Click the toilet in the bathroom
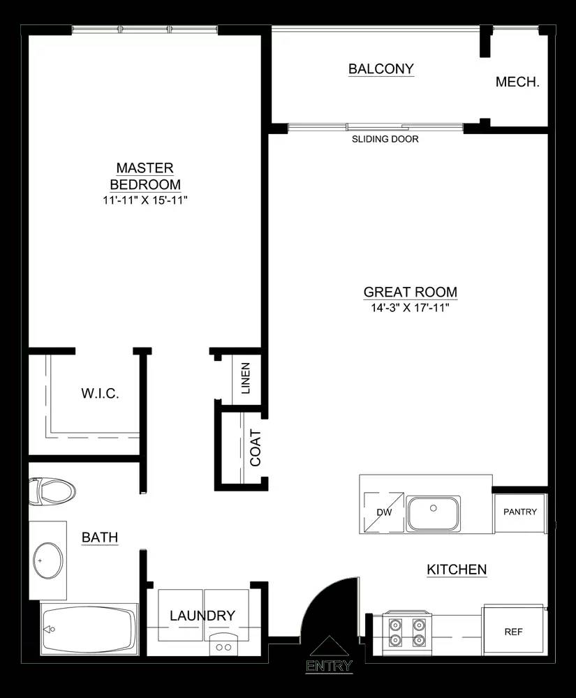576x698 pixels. (x=52, y=492)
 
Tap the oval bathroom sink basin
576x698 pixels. (x=48, y=560)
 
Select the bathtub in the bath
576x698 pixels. (x=89, y=629)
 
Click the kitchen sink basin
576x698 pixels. (x=433, y=513)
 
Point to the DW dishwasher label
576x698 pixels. (x=384, y=512)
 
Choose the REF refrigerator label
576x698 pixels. (x=513, y=632)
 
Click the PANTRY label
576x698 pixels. (x=520, y=512)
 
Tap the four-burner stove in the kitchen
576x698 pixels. (x=407, y=632)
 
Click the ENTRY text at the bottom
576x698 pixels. (x=329, y=666)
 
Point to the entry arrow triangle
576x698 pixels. (x=329, y=646)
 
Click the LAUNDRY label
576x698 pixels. (x=202, y=616)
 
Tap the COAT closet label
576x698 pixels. (x=256, y=447)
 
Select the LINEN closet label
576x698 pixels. (x=245, y=378)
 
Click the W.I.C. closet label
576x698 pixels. (x=100, y=394)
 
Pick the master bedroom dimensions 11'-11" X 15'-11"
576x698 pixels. (x=145, y=200)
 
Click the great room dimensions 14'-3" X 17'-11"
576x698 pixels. (x=410, y=308)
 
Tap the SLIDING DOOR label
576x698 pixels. (x=385, y=139)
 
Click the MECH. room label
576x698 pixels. (x=517, y=82)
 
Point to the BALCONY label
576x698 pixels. (x=381, y=69)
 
